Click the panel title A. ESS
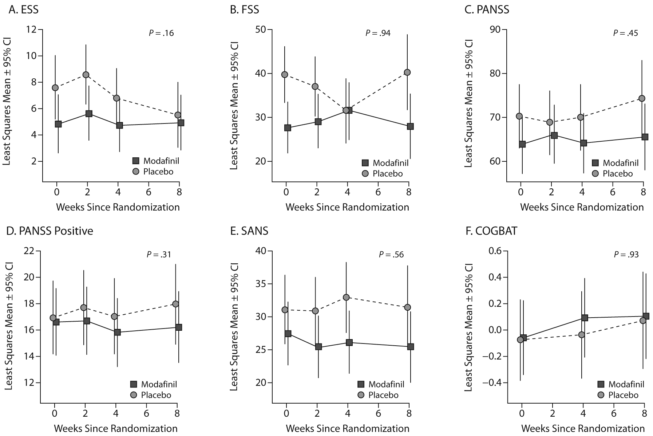pos(24,9)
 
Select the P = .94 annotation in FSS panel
pos(378,33)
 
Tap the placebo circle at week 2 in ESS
pos(86,75)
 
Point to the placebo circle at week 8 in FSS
pos(407,72)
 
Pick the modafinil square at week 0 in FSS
pos(288,128)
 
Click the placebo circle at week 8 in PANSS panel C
pos(642,98)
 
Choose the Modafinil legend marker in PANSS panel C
pos(595,163)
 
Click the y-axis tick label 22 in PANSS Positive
pos(29,251)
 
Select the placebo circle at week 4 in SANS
pos(346,297)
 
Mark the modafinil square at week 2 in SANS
pos(318,347)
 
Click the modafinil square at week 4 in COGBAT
pos(585,318)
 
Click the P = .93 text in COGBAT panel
pos(626,255)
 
